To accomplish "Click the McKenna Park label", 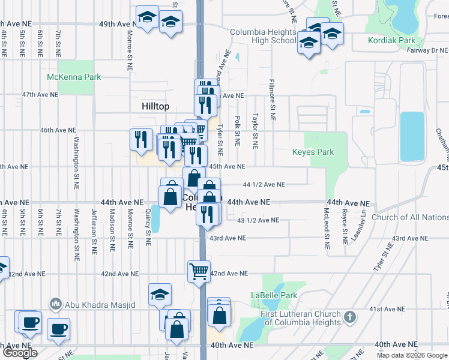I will click(x=74, y=77).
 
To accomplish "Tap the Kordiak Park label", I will click(x=392, y=41).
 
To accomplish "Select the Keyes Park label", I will click(x=313, y=152).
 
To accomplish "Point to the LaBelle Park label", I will click(x=274, y=296).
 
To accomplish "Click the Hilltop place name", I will click(x=155, y=106).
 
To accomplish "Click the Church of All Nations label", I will click(x=410, y=217).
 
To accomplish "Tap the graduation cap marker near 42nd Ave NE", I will click(x=160, y=294).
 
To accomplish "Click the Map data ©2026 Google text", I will click(x=412, y=355).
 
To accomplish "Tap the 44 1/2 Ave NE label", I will click(x=264, y=185).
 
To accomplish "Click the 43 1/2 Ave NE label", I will click(x=258, y=220).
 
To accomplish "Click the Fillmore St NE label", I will click(x=272, y=100).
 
